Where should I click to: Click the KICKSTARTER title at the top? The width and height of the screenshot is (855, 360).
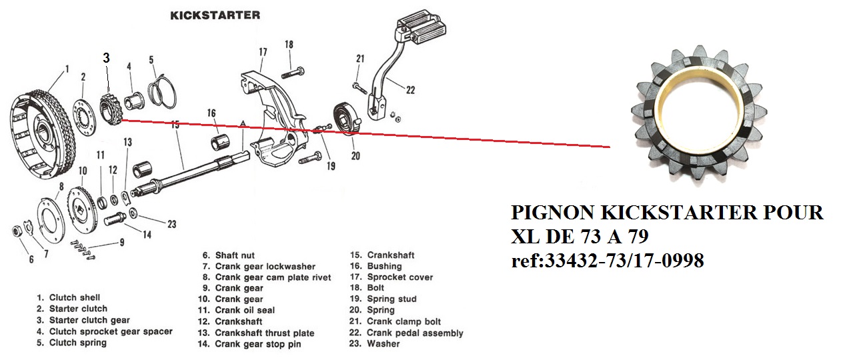click(x=215, y=15)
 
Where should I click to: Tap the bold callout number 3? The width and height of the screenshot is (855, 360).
click(x=106, y=58)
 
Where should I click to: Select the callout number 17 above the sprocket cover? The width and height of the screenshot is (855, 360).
click(x=263, y=52)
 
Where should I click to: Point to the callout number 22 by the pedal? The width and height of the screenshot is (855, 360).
click(x=410, y=90)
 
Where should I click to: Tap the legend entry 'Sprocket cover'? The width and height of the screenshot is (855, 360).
click(x=399, y=277)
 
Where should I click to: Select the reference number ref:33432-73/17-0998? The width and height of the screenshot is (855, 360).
click(x=607, y=261)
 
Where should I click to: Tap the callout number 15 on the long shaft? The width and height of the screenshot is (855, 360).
click(x=175, y=124)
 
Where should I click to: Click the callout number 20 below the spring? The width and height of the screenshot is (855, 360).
click(x=355, y=157)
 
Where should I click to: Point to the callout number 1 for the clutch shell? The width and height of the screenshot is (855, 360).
click(x=67, y=68)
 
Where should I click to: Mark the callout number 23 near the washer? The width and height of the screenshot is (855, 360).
click(x=171, y=224)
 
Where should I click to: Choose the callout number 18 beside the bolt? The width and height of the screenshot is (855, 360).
click(x=289, y=45)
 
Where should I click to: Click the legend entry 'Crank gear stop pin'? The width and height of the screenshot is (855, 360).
click(x=257, y=344)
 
